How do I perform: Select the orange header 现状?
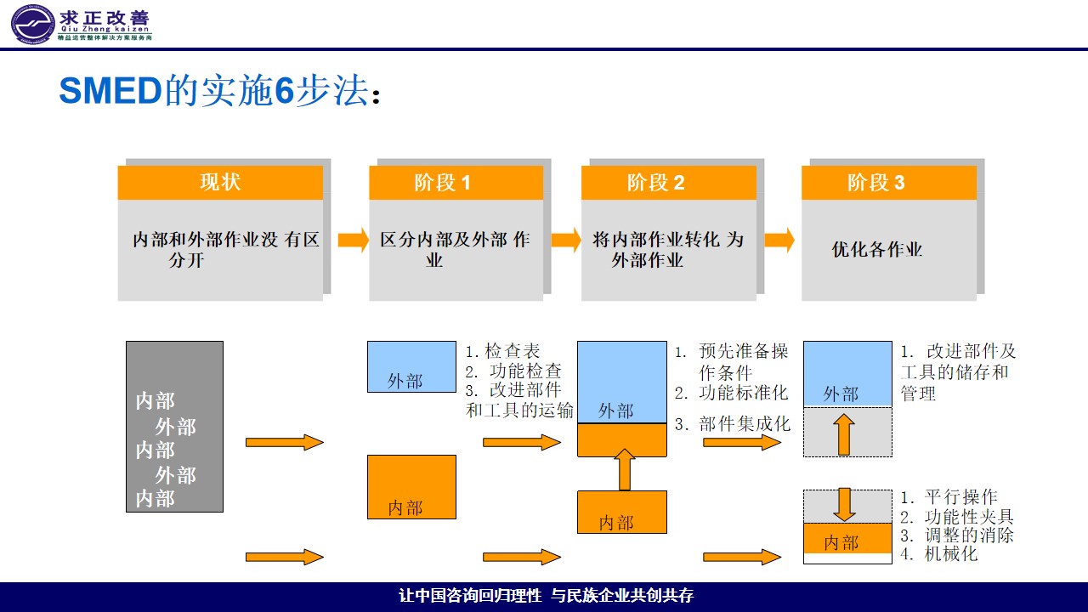pos(220,183)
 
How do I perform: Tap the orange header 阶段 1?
pos(456,183)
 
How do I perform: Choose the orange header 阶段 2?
pos(668,183)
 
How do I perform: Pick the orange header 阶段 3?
pos(888,183)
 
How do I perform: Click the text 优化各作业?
pos(876,250)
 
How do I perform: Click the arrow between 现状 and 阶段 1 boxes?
pos(353,241)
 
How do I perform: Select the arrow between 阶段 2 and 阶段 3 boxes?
pos(779,241)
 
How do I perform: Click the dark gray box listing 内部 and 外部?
pos(174,427)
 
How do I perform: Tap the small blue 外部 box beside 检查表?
pos(411,366)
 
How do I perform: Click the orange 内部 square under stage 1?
pos(411,486)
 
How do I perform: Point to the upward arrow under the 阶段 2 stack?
pos(625,469)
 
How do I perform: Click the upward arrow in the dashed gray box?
pos(844,433)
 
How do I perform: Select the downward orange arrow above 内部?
pos(844,503)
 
